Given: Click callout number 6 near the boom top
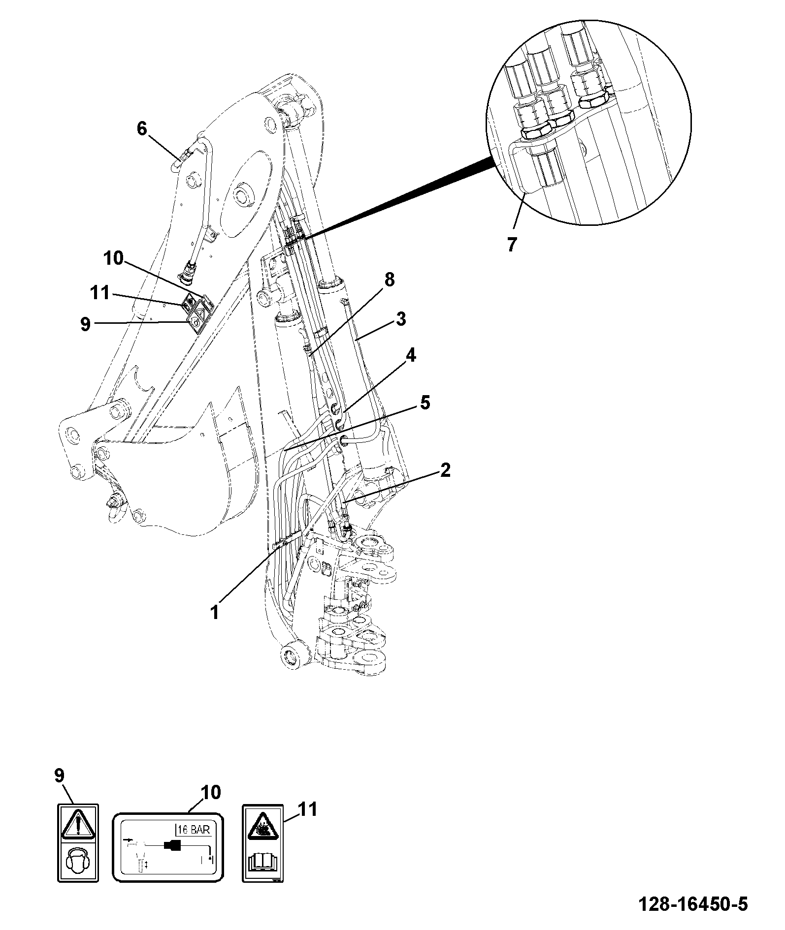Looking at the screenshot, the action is pos(142,129).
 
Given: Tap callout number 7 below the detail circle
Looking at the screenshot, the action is pos(512,245).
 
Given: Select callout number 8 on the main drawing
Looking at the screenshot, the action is pos(389,280).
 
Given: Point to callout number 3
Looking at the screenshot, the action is pos(401,319).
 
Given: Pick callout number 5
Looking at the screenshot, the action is pos(425,403).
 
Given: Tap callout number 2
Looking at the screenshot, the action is pos(445,470).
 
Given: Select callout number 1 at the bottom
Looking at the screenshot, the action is pos(215,613).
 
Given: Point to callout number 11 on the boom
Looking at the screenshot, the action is pos(99,293).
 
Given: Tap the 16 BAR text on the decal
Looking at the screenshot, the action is pos(194,830).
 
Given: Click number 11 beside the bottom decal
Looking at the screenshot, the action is pos(307,809).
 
